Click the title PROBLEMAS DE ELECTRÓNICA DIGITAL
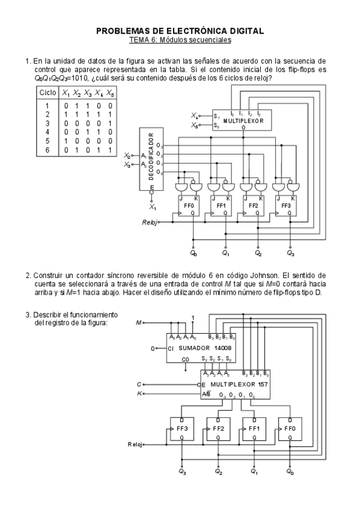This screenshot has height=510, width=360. pos(180,31)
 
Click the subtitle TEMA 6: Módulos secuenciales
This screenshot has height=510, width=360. pos(180,40)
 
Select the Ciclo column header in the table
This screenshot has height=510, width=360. pos(47,93)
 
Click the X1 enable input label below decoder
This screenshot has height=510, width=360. pos(153,207)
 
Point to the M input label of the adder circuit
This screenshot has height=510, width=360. pos(139,322)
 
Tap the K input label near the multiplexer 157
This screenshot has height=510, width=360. pos(139,394)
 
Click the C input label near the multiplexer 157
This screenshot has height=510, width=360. pos(139,383)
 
